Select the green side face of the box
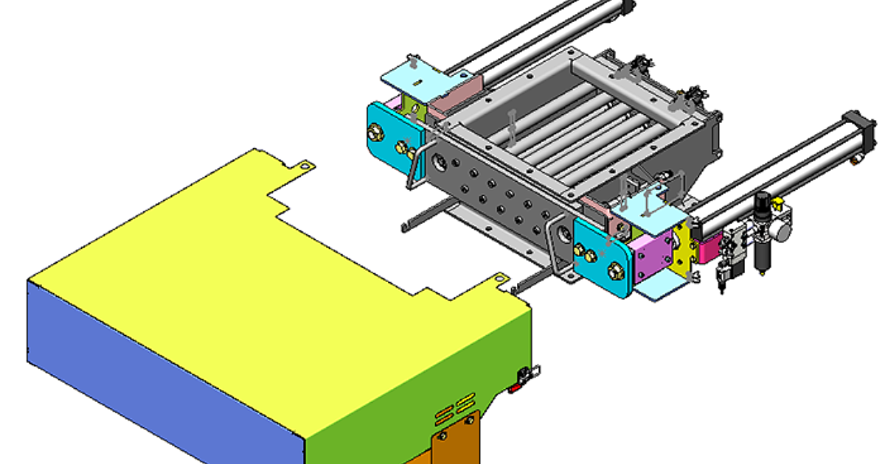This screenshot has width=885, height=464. point(413,383)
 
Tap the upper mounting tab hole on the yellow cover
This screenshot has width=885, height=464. point(302,165)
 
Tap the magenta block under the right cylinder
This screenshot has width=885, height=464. point(710,247)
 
